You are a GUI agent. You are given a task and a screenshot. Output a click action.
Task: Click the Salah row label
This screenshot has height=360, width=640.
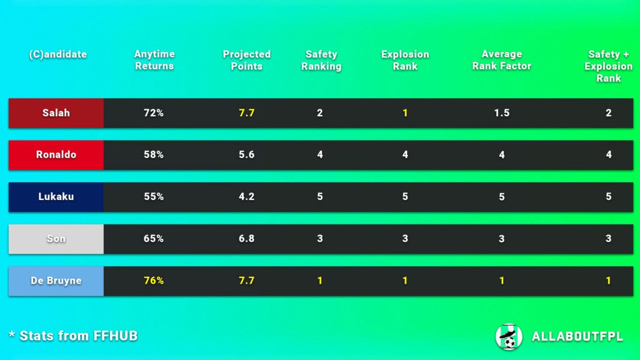tap(56, 113)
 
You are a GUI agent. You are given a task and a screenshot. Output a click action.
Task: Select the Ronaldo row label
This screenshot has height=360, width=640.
tap(56, 155)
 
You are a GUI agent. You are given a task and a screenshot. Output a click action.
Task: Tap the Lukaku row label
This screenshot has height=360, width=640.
tap(56, 197)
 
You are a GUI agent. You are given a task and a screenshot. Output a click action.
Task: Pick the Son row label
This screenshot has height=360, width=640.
tap(56, 239)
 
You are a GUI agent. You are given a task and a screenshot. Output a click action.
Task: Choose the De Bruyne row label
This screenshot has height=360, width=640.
tap(56, 281)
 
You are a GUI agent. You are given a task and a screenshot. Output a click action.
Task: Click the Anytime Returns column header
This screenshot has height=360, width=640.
tap(154, 60)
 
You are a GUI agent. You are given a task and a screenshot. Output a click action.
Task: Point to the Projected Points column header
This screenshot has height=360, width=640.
tap(246, 60)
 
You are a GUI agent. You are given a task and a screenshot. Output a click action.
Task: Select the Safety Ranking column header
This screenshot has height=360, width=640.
tap(321, 60)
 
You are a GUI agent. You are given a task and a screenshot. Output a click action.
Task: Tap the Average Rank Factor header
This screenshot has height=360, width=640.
tap(501, 60)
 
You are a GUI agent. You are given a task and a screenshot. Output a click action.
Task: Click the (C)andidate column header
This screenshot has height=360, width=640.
tap(57, 54)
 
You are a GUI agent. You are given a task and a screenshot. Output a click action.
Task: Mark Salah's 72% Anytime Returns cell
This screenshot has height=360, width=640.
tap(154, 113)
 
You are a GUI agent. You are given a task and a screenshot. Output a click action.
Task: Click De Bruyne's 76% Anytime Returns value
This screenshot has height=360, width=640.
tap(154, 281)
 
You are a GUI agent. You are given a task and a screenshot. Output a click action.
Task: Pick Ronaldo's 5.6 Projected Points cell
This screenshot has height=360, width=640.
tap(246, 155)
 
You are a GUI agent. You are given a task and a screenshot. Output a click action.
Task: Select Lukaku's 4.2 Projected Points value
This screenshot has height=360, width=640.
tap(246, 197)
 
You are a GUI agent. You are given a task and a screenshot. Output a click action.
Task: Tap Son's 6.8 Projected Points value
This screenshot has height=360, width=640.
tap(246, 239)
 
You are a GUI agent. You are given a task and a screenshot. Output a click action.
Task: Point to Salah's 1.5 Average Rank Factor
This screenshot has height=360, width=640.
tap(501, 113)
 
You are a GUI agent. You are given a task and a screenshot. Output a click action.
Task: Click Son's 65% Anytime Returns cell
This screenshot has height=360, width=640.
tap(154, 239)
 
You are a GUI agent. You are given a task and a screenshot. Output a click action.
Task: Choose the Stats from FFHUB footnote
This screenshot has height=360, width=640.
tap(73, 336)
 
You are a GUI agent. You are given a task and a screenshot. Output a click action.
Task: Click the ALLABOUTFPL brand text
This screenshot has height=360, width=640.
tap(577, 337)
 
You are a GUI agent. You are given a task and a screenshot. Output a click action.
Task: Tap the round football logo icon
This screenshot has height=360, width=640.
tap(508, 337)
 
